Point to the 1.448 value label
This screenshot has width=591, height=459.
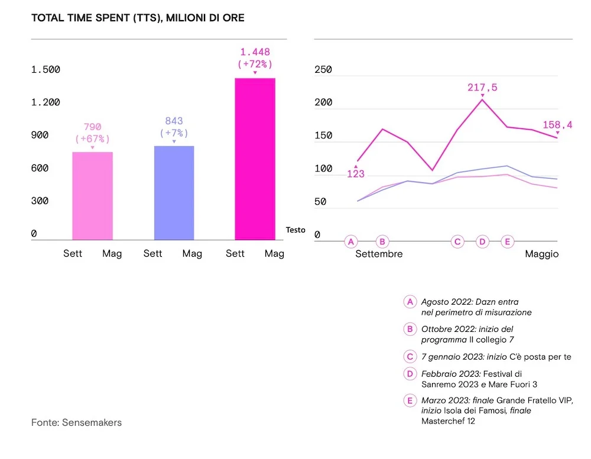(x=255, y=52)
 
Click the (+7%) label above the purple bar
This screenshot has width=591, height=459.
(x=174, y=133)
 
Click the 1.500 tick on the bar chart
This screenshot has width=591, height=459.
(x=46, y=70)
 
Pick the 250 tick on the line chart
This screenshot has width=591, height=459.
(x=323, y=70)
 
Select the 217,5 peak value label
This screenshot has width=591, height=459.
(x=482, y=88)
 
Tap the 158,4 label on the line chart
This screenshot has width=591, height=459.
(x=558, y=125)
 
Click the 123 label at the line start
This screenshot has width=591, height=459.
(x=356, y=174)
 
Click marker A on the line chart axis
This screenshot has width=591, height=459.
(x=352, y=241)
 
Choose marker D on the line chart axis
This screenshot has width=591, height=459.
(x=482, y=241)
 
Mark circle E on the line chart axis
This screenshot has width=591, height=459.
(x=507, y=241)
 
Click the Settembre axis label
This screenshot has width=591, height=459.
(x=379, y=254)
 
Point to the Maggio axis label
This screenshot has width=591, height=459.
(x=542, y=254)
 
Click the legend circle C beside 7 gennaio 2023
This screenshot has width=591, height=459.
(x=410, y=357)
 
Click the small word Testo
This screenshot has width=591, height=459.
(x=295, y=230)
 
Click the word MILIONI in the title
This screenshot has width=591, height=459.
(x=187, y=18)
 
